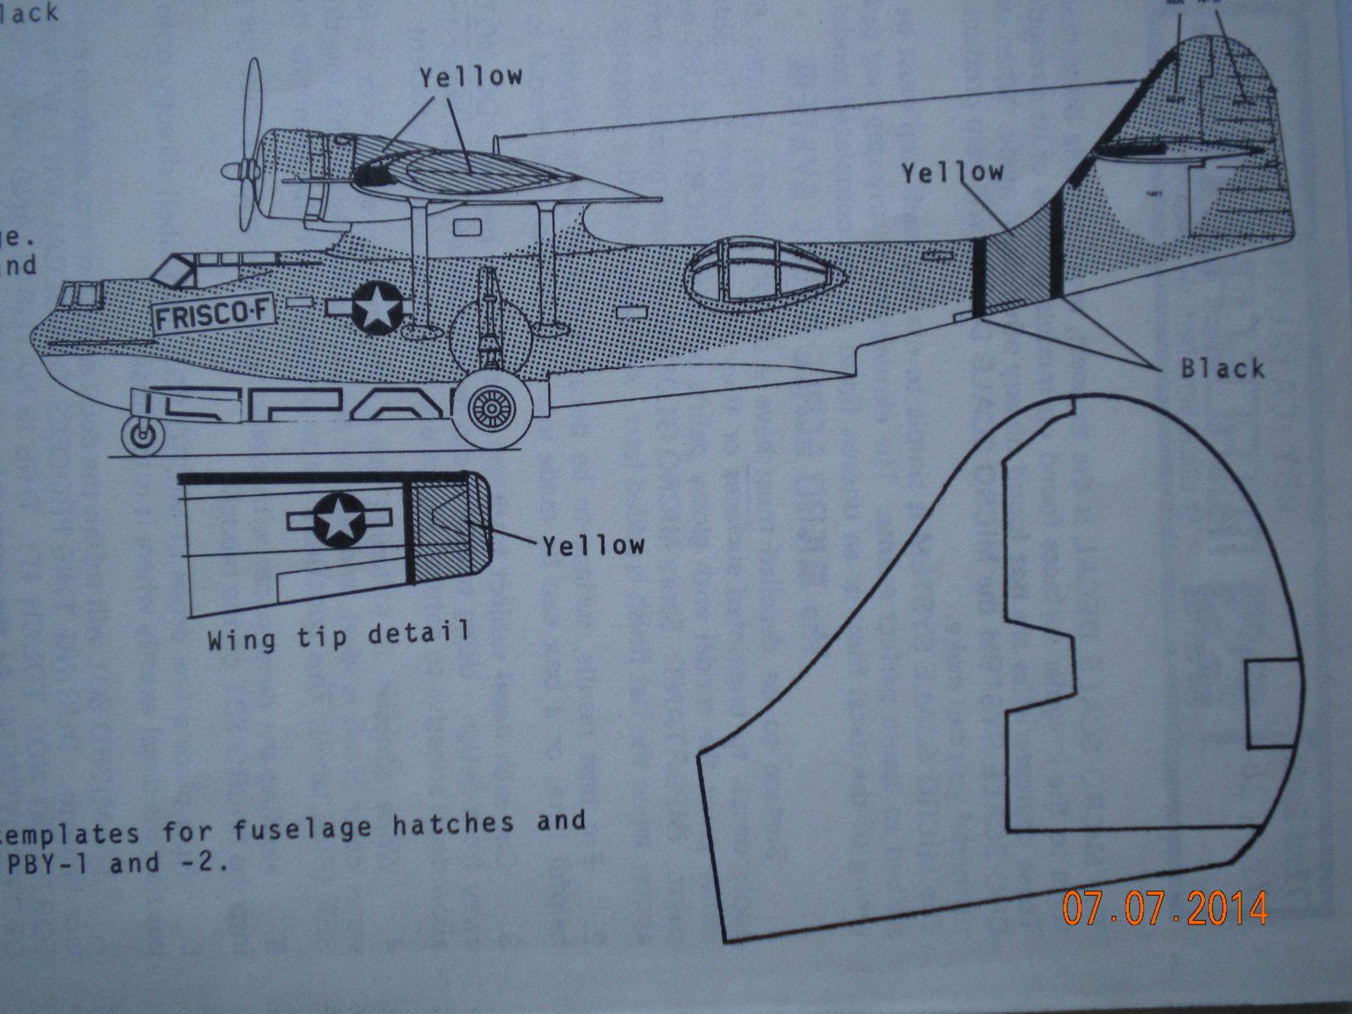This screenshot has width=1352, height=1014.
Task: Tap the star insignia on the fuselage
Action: (x=376, y=307)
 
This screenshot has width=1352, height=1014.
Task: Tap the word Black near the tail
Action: (x=1222, y=368)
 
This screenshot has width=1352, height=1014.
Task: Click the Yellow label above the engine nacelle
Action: (x=471, y=77)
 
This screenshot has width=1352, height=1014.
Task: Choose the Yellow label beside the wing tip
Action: (x=593, y=545)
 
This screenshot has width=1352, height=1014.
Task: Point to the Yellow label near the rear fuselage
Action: (x=951, y=173)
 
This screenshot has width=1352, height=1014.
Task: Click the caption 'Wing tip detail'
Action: (x=338, y=635)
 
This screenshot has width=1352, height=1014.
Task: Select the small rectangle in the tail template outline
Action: (x=1271, y=704)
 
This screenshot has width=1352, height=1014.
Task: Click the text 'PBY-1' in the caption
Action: (x=48, y=863)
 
